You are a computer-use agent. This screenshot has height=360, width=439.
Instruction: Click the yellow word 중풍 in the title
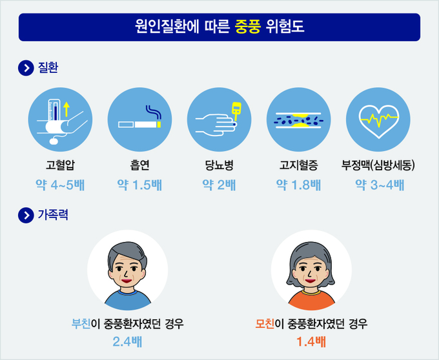click(x=248, y=27)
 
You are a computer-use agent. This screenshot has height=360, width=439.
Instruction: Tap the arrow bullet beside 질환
click(x=26, y=68)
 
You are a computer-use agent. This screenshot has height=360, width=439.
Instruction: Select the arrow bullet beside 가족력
click(x=26, y=215)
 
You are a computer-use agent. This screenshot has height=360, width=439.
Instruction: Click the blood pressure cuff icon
click(x=60, y=119)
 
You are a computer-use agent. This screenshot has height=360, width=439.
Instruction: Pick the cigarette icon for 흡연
click(x=139, y=119)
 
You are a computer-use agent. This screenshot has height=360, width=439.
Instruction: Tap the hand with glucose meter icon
click(x=219, y=119)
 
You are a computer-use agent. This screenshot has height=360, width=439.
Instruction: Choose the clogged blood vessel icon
click(x=299, y=119)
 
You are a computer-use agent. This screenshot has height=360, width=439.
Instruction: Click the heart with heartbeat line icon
click(x=378, y=119)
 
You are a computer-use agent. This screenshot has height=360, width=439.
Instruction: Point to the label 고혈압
click(x=60, y=165)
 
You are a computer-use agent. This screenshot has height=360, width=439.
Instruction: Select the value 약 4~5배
click(x=60, y=185)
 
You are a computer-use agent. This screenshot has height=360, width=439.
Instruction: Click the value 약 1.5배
click(x=139, y=185)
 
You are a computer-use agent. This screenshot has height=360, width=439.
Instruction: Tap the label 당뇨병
click(x=219, y=165)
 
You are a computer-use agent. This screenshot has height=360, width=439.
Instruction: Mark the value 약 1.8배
click(x=299, y=185)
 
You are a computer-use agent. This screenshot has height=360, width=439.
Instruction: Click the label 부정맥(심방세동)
click(x=378, y=165)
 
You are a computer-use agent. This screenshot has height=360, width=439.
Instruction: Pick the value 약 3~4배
click(x=380, y=185)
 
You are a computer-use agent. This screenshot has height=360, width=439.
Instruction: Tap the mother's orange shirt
click(x=312, y=301)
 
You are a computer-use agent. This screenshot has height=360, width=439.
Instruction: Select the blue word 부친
click(x=81, y=324)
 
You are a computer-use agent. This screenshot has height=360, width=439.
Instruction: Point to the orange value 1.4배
click(x=311, y=341)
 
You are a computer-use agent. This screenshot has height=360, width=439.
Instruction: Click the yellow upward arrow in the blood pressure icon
click(x=66, y=109)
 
